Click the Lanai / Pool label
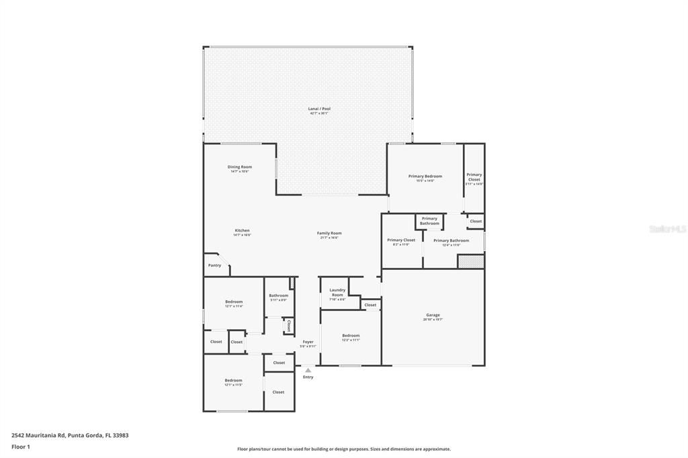coord(319,109)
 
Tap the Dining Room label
coord(239,167)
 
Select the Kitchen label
coord(242,230)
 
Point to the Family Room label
coord(329,233)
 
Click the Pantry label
coord(214,265)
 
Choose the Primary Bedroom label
coord(425,177)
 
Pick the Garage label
coord(433,315)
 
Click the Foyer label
coord(308,342)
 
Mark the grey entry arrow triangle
coord(308,369)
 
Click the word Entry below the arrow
coord(308,377)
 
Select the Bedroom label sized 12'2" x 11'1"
coord(351,336)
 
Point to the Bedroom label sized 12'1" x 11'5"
coord(233,381)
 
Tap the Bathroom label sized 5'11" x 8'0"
coord(278,295)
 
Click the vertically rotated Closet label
coord(288,326)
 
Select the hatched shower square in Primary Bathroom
coord(470,261)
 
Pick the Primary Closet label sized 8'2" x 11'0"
coord(401,240)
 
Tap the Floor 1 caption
coord(21,447)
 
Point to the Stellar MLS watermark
coord(666,229)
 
